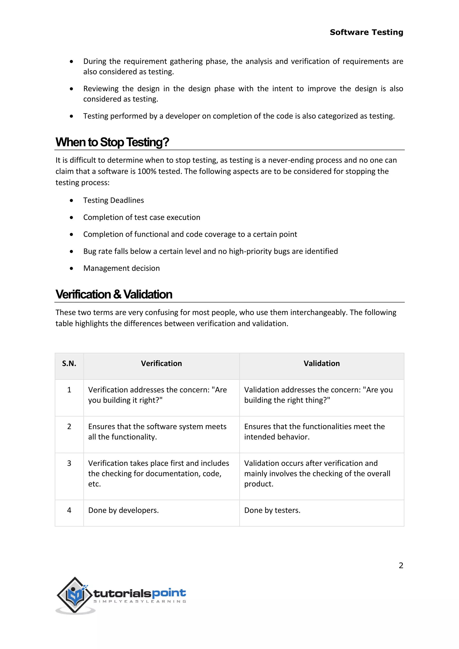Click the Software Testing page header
(x=366, y=32)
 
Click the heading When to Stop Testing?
(x=112, y=142)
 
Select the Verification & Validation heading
(x=114, y=294)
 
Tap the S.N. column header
(x=69, y=363)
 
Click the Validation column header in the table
(x=322, y=363)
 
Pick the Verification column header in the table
(x=161, y=363)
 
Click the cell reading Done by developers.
(x=123, y=510)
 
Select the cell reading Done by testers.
(x=272, y=510)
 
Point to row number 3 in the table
(x=69, y=463)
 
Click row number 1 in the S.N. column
(x=69, y=390)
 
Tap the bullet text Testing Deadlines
(x=114, y=200)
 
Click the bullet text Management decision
(x=121, y=268)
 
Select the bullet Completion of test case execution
(x=142, y=217)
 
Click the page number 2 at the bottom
(x=401, y=565)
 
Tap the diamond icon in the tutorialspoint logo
(x=75, y=595)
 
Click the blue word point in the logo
(x=169, y=593)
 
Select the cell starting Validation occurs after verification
(x=317, y=474)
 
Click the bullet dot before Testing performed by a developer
(x=71, y=116)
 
